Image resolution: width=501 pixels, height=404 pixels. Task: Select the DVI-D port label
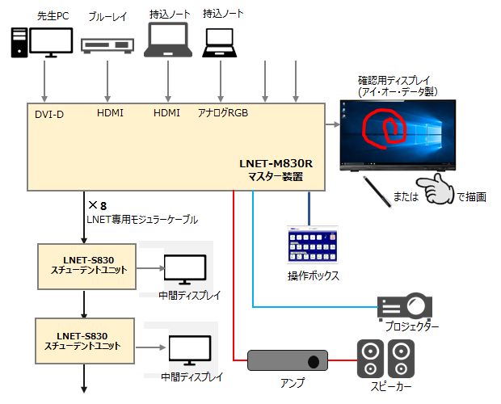point(49,114)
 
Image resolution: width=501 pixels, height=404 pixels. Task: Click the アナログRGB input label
point(223,113)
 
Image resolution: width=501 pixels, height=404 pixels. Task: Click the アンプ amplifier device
point(287,360)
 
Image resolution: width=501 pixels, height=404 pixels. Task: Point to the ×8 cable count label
point(98,205)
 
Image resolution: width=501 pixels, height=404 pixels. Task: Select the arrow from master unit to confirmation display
point(331,124)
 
